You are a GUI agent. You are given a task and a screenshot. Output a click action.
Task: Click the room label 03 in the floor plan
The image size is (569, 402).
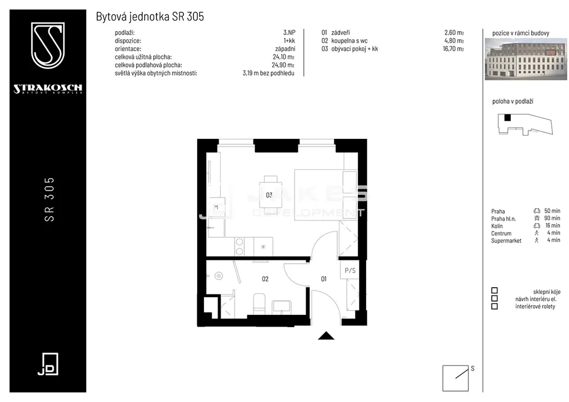pos(269,195)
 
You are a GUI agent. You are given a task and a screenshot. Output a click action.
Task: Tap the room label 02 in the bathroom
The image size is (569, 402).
pos(265,279)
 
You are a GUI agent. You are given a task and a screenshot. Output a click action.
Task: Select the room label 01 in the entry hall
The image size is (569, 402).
pos(324,279)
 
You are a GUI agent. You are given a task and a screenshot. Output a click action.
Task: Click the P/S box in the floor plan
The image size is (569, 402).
pos(350,270)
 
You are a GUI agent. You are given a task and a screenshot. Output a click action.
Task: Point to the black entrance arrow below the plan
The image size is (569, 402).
pos(326,336)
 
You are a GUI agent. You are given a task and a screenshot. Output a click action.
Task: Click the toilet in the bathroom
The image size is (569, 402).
pos(259,303)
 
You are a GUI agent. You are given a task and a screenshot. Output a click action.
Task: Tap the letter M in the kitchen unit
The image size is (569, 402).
pos(216,207)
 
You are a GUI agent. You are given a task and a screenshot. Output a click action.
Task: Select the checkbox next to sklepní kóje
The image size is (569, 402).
pos(494,291)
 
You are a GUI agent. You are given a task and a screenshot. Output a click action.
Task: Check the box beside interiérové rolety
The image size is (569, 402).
pos(494,306)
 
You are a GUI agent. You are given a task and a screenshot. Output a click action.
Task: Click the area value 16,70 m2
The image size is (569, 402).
pos(453,48)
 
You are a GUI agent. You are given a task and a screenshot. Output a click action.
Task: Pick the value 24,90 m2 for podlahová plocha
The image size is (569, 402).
pos(283,66)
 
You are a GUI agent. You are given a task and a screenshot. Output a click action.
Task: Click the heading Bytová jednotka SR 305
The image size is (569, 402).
pos(150,16)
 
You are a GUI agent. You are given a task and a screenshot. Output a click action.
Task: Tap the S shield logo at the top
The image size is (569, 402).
pos(48,46)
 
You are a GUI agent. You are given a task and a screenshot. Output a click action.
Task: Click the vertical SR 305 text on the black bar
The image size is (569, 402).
pos(49,199)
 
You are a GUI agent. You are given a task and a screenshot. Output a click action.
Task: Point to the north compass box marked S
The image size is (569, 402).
pos(456,378)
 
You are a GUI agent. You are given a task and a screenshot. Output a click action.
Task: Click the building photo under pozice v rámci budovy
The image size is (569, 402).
pos(526,59)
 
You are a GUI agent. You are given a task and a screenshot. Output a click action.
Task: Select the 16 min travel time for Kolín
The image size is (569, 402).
pos(553,225)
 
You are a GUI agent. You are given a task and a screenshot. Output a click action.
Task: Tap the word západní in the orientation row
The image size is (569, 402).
pos(285,49)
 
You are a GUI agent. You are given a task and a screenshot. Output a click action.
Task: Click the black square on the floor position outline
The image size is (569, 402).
pos(508,118)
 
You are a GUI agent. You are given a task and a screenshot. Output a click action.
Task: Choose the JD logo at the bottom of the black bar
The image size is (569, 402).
pos(48,364)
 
